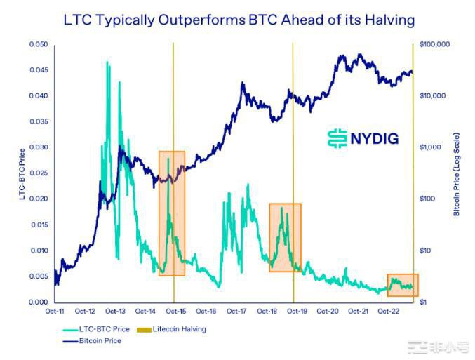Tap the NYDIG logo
363,138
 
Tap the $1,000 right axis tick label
429,147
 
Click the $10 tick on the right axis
425,251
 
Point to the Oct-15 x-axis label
175,311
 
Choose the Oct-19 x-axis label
297,311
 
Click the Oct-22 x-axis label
389,311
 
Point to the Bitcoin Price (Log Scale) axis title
456,173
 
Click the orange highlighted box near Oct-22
402,284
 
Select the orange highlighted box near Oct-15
172,213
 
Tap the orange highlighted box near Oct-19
285,237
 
